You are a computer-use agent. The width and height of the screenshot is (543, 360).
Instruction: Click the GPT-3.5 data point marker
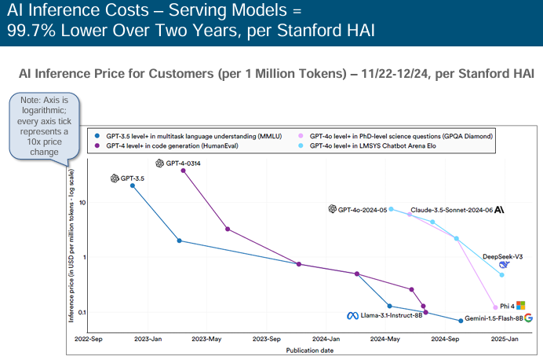click(133, 186)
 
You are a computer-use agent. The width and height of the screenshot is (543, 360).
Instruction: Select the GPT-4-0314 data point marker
click(184, 171)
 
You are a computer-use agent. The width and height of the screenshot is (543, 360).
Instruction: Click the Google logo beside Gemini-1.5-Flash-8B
click(529, 318)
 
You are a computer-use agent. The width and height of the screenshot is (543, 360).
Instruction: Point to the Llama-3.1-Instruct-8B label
click(391, 316)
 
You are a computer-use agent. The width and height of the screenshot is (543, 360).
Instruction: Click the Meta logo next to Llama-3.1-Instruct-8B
click(352, 316)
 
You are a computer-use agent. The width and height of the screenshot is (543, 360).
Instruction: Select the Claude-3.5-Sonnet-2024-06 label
click(451, 210)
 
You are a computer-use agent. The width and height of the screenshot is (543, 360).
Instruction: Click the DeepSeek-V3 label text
click(502, 256)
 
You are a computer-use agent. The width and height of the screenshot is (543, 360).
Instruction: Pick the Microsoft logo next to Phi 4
click(519, 306)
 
